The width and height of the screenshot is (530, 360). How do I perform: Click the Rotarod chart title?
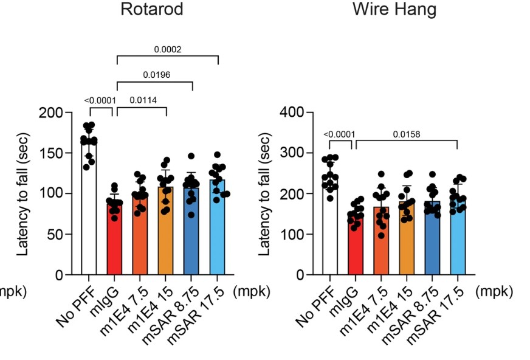pos(152,10)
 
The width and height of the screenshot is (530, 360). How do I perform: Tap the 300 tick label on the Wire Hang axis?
pos(295,153)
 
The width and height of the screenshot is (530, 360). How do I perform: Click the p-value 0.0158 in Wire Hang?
pos(405,134)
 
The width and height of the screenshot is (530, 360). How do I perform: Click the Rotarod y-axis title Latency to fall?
pos(23,193)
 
